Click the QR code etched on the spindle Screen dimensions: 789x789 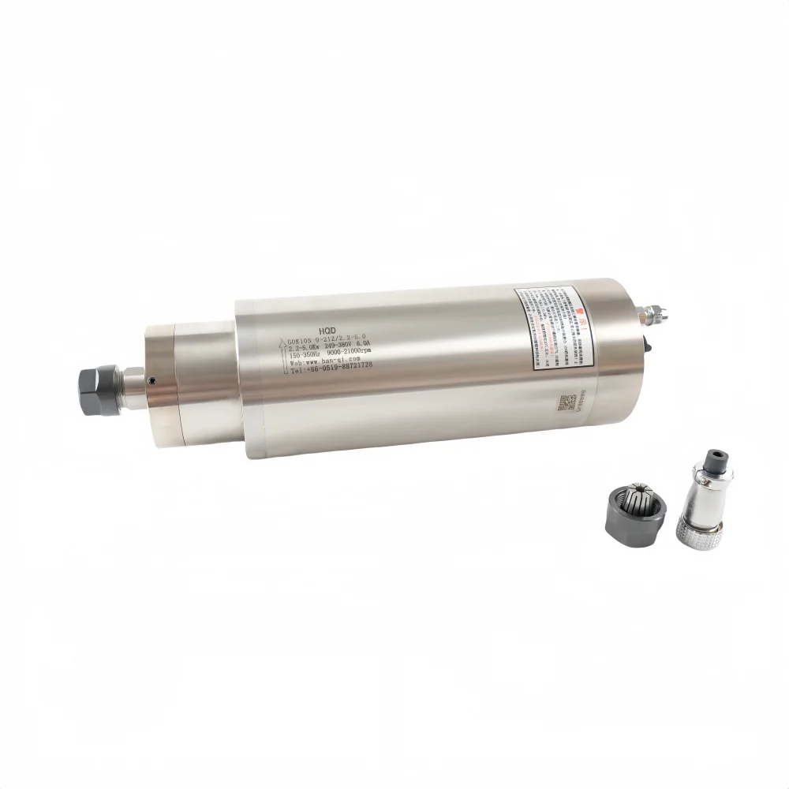pyautogui.click(x=565, y=403)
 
